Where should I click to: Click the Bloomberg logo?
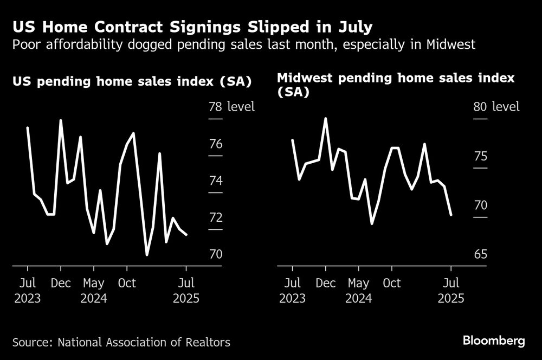click(x=493, y=341)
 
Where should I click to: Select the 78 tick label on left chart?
click(x=215, y=107)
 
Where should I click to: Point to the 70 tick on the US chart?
click(x=215, y=255)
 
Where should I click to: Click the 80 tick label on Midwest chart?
click(x=480, y=107)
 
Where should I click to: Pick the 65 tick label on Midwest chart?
click(x=480, y=255)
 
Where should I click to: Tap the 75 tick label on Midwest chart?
click(x=480, y=157)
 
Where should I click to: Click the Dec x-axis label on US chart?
click(x=60, y=283)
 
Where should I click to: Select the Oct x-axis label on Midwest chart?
click(x=391, y=283)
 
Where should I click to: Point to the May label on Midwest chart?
click(x=358, y=283)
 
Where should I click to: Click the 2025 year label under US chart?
click(x=186, y=298)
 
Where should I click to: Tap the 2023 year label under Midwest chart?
click(x=292, y=298)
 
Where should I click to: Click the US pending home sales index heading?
click(x=132, y=82)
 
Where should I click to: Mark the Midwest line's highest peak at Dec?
click(x=326, y=118)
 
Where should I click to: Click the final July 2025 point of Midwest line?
click(x=451, y=215)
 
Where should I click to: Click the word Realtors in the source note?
click(x=208, y=342)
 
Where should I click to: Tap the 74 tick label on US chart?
click(x=215, y=181)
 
